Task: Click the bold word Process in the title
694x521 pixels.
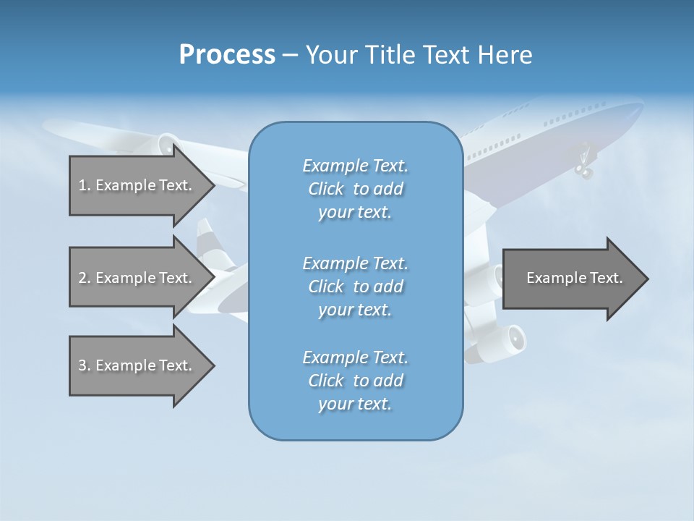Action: [x=227, y=55]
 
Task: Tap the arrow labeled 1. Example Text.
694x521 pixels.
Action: [x=137, y=185]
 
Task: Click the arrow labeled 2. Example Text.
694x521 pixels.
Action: [x=137, y=278]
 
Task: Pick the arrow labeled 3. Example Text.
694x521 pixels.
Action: [x=137, y=365]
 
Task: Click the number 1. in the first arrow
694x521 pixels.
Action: [x=85, y=185]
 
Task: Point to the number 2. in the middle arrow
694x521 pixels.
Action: [x=85, y=278]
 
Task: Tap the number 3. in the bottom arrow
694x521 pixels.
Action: [x=85, y=365]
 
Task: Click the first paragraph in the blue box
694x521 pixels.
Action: [x=355, y=189]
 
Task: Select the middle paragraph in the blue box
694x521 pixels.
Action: [x=355, y=286]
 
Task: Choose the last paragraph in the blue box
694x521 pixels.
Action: [x=355, y=381]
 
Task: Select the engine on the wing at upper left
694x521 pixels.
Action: [x=167, y=144]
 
